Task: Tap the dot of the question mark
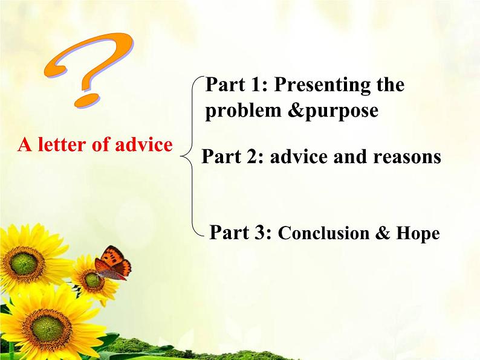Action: [87, 100]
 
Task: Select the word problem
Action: [243, 111]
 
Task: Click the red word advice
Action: [144, 144]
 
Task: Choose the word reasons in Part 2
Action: [407, 157]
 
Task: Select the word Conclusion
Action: [323, 233]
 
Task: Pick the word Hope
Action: [418, 234]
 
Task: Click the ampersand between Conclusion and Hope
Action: [383, 233]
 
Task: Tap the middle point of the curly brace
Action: [181, 156]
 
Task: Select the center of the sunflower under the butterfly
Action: [92, 280]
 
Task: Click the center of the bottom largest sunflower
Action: [47, 329]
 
